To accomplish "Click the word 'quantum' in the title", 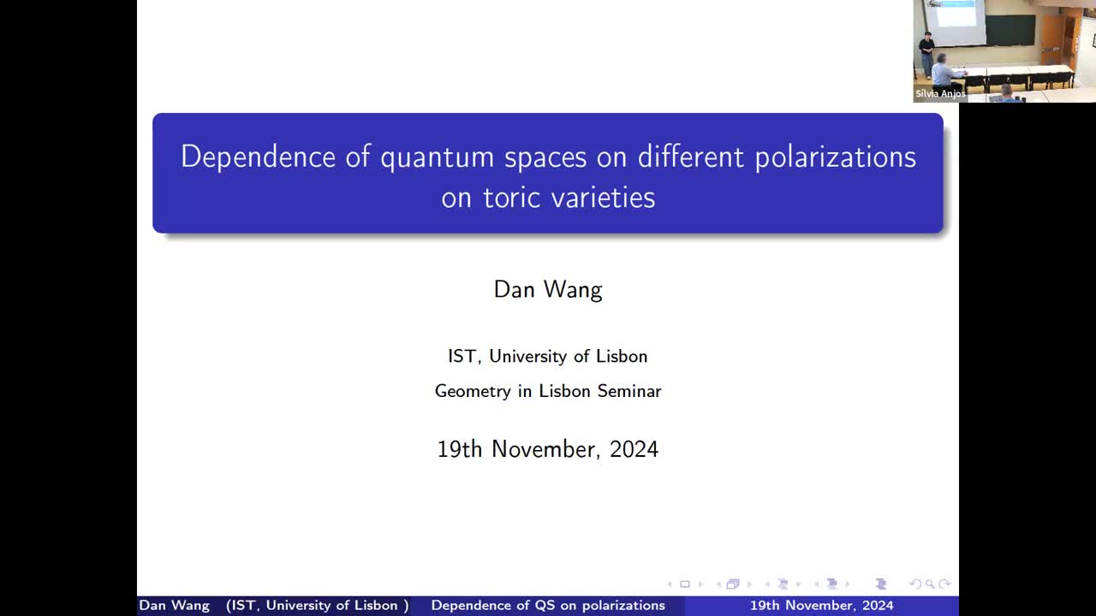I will tap(437, 157).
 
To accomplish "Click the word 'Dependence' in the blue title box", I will tap(258, 157).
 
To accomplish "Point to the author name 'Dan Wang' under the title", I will tap(548, 289).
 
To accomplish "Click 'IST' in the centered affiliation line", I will tap(462, 356).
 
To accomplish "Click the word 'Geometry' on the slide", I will tap(472, 391).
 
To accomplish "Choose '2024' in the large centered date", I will tap(634, 449).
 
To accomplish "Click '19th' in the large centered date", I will tap(460, 449).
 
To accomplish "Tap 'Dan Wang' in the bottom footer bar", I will tap(174, 606).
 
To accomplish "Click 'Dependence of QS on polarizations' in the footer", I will tap(548, 606).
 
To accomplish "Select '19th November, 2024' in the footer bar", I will tap(821, 606).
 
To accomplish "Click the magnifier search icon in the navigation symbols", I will tap(930, 584).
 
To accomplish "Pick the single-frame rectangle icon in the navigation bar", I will tap(684, 584).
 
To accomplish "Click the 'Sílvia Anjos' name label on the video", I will tap(940, 94).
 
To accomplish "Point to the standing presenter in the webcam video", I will tap(926, 53).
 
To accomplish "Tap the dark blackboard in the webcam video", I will tap(1010, 30).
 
